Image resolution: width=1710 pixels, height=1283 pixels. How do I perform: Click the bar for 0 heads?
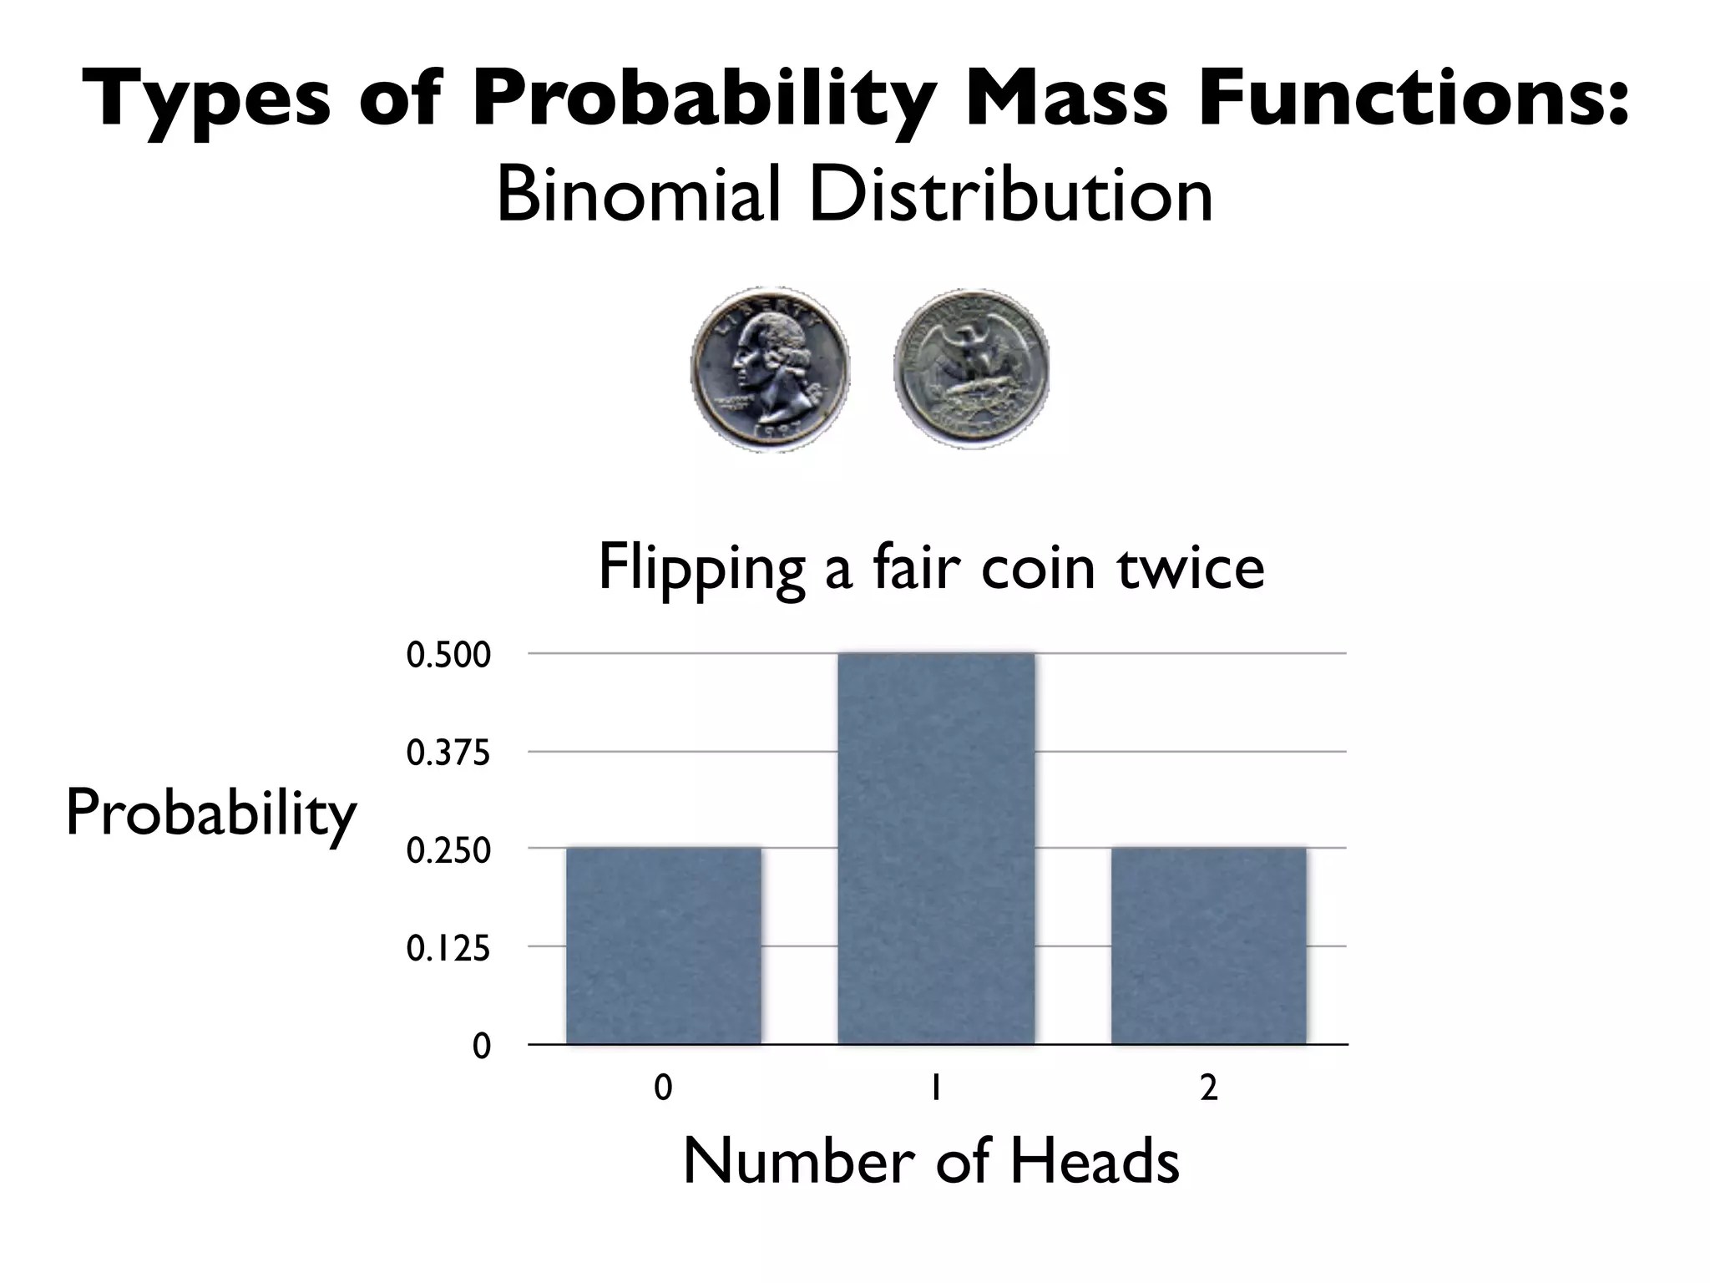click(x=664, y=946)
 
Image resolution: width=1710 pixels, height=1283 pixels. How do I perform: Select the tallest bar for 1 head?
click(x=936, y=848)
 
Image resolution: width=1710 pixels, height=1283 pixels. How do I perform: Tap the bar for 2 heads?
click(x=1208, y=946)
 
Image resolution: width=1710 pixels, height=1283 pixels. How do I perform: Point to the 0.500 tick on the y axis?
click(x=448, y=656)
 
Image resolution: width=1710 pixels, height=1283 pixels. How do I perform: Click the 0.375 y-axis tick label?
click(x=448, y=753)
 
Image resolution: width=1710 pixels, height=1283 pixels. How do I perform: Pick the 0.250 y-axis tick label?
click(x=448, y=851)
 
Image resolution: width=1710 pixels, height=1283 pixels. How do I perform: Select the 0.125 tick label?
click(x=448, y=949)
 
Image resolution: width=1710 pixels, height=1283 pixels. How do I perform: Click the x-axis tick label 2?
click(x=1208, y=1088)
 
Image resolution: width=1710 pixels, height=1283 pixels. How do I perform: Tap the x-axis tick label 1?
click(x=936, y=1088)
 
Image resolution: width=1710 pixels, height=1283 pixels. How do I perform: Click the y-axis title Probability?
click(x=210, y=814)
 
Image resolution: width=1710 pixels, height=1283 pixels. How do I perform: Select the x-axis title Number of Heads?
click(x=931, y=1161)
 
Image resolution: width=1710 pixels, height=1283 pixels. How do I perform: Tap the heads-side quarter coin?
click(x=770, y=368)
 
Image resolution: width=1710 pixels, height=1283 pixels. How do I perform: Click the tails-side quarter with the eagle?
click(x=971, y=368)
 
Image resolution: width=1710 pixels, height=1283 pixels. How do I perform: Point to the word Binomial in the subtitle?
click(x=639, y=196)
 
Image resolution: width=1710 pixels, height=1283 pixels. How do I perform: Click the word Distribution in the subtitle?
click(x=1010, y=196)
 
